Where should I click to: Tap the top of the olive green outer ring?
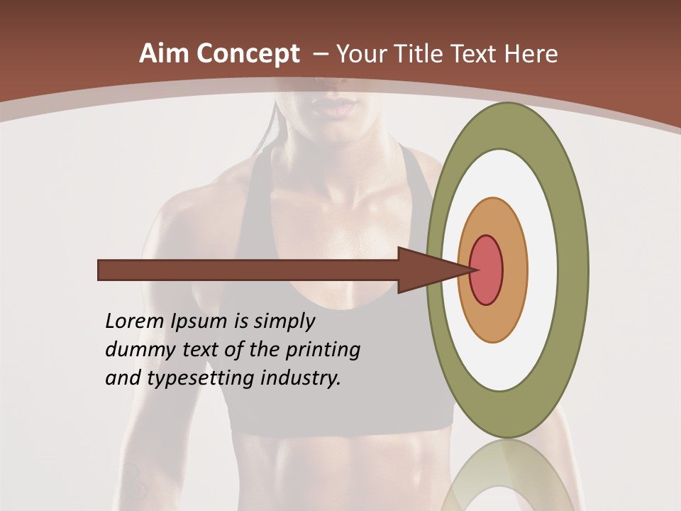[507, 125]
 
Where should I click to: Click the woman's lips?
[333, 106]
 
